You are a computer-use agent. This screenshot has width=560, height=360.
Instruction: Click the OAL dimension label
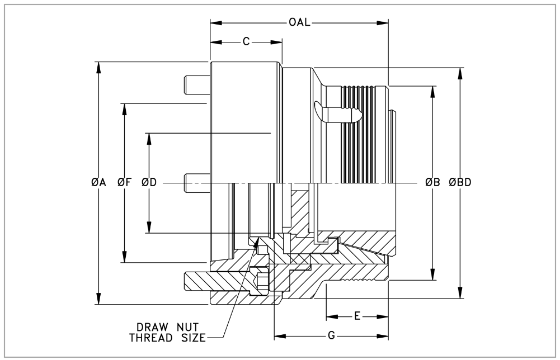[299, 23]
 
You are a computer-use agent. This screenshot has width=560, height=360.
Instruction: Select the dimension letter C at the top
[246, 42]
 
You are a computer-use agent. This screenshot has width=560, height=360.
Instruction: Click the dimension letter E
[357, 316]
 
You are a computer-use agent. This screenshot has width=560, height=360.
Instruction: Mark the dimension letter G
[331, 337]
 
